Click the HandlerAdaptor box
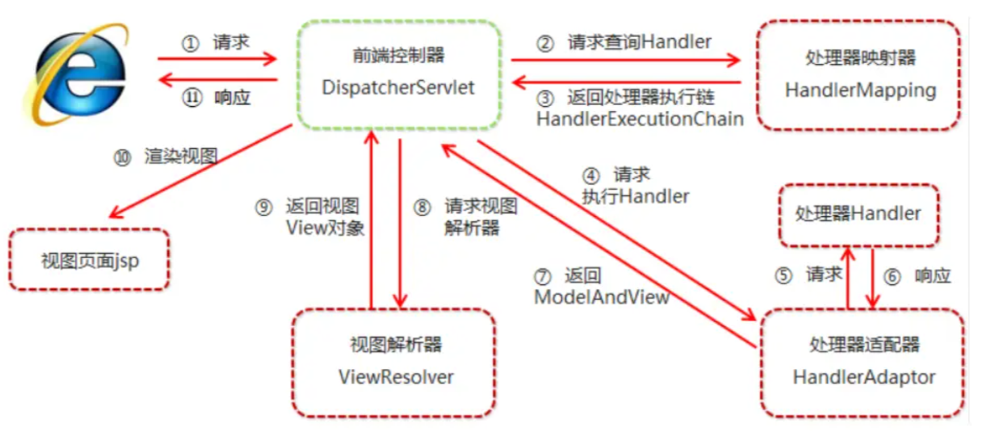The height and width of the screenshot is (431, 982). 863,362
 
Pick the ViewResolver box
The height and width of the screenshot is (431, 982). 395,362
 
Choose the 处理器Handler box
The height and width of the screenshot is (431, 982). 858,214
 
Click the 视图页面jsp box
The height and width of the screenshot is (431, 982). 89,260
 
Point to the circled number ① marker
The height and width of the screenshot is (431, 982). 191,44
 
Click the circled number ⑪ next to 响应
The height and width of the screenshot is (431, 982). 193,97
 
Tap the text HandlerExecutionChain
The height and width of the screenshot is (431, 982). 639,119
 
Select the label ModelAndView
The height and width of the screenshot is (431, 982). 601,297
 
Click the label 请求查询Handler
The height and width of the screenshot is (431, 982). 639,43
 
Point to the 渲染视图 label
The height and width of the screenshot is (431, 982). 181,157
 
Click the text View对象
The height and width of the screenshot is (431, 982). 325,228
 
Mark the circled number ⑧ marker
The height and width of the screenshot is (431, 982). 422,207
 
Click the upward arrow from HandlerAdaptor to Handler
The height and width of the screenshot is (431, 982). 847,277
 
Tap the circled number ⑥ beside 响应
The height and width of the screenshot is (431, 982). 892,276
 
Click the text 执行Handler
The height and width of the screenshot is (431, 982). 635,196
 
